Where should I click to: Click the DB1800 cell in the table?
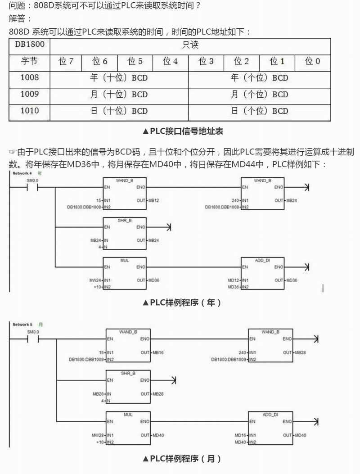[29, 45]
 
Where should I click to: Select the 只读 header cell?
[190, 45]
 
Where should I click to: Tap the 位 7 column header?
[66, 61]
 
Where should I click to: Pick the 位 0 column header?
[313, 61]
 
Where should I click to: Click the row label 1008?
[29, 77]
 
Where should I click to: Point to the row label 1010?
[29, 111]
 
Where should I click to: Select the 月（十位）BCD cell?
[119, 94]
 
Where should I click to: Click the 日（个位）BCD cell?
[259, 111]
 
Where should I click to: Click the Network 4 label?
[22, 173]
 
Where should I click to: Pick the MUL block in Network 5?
[128, 427]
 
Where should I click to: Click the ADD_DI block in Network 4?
[262, 273]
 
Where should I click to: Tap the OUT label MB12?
[153, 200]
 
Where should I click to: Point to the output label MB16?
[158, 352]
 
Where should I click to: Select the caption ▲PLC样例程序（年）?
[182, 303]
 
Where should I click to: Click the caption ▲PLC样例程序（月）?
[182, 459]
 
